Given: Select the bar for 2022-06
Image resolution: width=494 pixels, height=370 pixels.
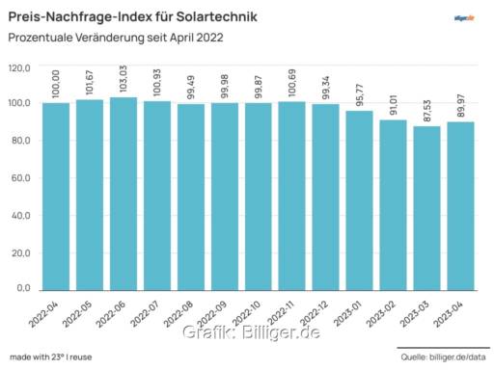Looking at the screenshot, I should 123,193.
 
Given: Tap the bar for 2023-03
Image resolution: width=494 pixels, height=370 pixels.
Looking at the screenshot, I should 425,207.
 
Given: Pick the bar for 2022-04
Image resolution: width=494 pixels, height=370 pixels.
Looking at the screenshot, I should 56,196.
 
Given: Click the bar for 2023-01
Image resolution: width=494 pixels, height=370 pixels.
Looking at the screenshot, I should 358,199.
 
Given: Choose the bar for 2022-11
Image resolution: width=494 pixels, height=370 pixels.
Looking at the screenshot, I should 291,195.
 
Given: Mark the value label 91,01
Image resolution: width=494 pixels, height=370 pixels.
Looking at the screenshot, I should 392,103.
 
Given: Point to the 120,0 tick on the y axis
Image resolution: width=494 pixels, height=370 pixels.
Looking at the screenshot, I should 20,68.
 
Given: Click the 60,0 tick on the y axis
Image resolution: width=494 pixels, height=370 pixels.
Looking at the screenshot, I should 22,178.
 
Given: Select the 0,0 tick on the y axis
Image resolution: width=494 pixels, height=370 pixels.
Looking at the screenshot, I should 25,289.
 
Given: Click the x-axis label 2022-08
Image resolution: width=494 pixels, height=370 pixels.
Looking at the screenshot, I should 179,314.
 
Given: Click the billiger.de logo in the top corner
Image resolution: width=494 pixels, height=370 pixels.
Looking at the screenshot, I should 465,17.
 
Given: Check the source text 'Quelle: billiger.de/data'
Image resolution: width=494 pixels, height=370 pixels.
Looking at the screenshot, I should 443,357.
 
